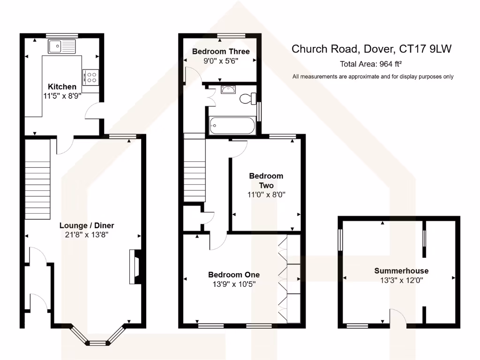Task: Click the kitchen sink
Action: [x=61, y=46]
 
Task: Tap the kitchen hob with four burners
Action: [x=90, y=77]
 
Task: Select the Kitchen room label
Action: [x=62, y=87]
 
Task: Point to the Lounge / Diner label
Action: [x=87, y=225]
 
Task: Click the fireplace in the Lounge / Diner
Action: [x=134, y=267]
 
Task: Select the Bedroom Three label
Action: [x=220, y=52]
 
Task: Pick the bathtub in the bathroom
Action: [x=232, y=125]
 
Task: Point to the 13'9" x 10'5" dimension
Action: [x=234, y=284]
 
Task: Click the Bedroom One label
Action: [x=234, y=275]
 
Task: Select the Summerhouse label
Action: [x=401, y=271]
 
